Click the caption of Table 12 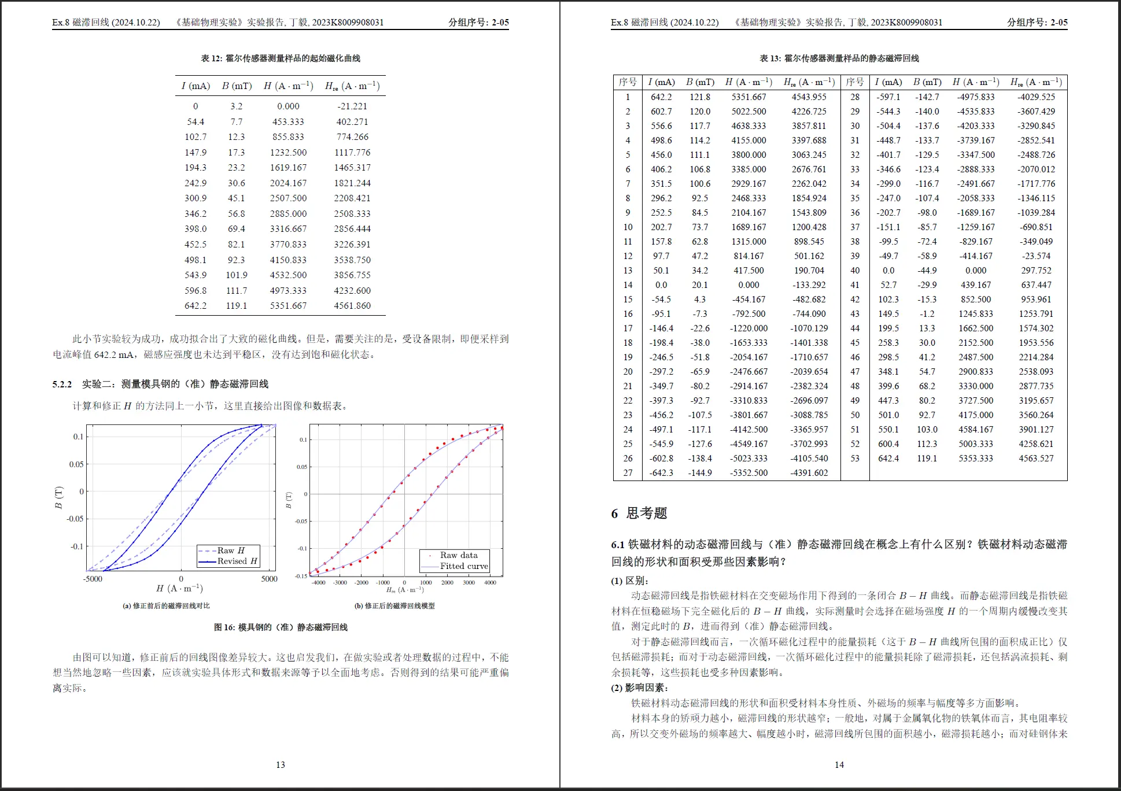pos(281,58)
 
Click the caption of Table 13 pos(839,58)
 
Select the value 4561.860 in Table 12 pos(352,306)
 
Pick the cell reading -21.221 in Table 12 pos(352,106)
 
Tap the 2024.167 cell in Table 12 pos(288,183)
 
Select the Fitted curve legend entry pos(463,566)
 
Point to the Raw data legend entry pos(458,555)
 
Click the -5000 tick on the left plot pos(93,579)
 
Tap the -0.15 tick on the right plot pos(301,576)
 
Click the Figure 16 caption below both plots pos(281,627)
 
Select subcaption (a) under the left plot pos(166,606)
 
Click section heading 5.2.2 pos(160,384)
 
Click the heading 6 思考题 pos(639,513)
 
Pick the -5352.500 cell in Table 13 pos(748,473)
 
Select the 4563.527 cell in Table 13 pos(1036,459)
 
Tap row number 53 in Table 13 pos(855,459)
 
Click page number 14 pos(839,765)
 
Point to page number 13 pos(281,765)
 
